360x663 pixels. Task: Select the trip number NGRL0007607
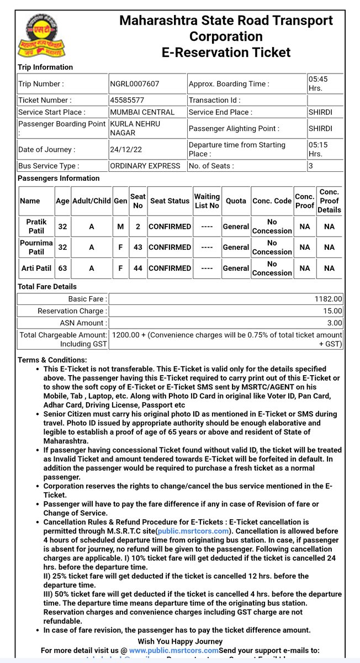[x=135, y=84]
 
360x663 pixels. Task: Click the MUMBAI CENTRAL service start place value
[x=142, y=112]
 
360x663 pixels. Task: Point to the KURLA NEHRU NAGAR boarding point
[x=135, y=129]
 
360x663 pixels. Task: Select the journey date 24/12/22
[x=126, y=149]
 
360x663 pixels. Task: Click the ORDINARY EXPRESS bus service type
[x=145, y=166]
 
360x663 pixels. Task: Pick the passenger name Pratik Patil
[x=36, y=226]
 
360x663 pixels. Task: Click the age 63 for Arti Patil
[x=62, y=268]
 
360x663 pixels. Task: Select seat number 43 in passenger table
[x=137, y=247]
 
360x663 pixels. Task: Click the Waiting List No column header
[x=207, y=201]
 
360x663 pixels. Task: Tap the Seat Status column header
[x=170, y=201]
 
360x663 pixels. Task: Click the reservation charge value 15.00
[x=333, y=311]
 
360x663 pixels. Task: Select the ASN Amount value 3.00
[x=335, y=323]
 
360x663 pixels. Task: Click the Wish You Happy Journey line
[x=180, y=641]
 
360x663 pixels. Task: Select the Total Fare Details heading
[x=47, y=287]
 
